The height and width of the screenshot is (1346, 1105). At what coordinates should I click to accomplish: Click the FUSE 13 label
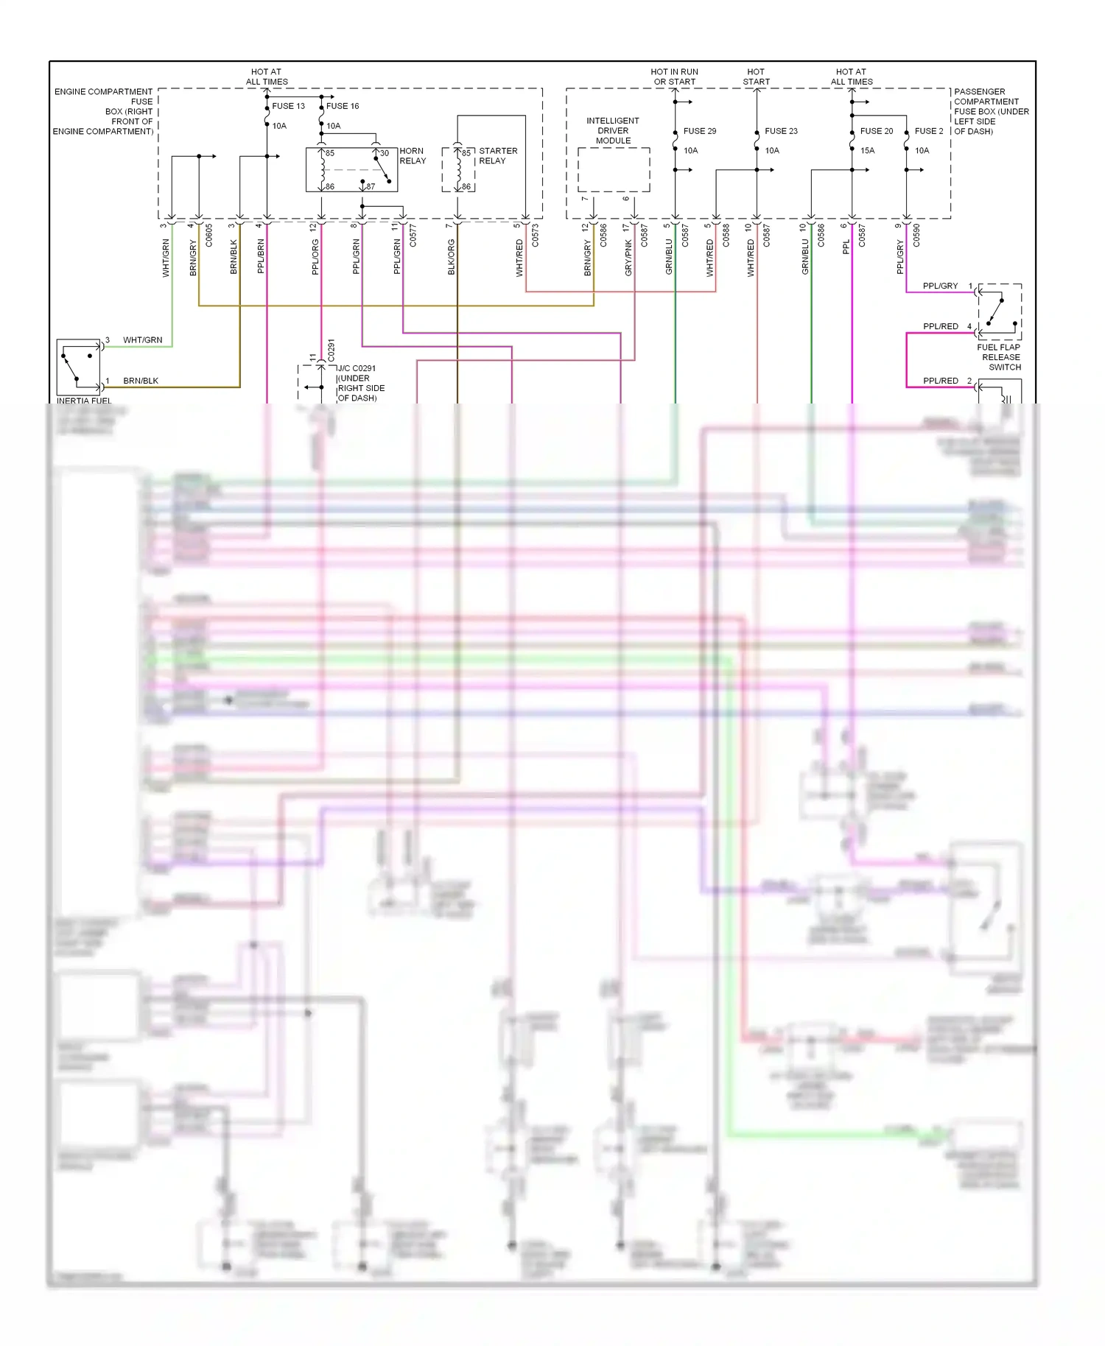pyautogui.click(x=288, y=106)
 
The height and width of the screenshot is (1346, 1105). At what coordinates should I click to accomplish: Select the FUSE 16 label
pyautogui.click(x=343, y=106)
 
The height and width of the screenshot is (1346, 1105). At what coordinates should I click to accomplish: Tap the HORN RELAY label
pyautogui.click(x=413, y=156)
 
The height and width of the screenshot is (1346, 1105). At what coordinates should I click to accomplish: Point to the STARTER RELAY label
pyautogui.click(x=498, y=156)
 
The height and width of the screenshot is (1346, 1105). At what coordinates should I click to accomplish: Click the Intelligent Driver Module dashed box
pyautogui.click(x=614, y=169)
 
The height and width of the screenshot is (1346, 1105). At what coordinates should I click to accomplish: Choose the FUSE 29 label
pyautogui.click(x=700, y=131)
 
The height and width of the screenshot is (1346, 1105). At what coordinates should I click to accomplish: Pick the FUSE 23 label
pyautogui.click(x=781, y=131)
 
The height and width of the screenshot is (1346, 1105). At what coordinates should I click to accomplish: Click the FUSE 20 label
pyautogui.click(x=877, y=131)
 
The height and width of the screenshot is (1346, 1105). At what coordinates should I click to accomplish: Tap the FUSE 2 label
pyautogui.click(x=929, y=131)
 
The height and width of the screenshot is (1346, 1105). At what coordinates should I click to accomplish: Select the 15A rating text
pyautogui.click(x=868, y=151)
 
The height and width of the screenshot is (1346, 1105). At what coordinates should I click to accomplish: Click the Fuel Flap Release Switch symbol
pyautogui.click(x=1000, y=311)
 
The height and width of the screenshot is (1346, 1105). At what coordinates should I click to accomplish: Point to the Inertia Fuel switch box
pyautogui.click(x=79, y=367)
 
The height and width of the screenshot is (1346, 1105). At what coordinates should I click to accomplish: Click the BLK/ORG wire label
pyautogui.click(x=452, y=257)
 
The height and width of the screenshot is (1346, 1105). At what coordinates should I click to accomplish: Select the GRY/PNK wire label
pyautogui.click(x=628, y=258)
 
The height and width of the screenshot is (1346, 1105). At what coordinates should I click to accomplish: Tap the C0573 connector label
pyautogui.click(x=536, y=235)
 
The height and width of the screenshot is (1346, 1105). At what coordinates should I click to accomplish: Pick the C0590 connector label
pyautogui.click(x=916, y=235)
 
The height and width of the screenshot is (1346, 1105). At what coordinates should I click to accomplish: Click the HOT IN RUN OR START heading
pyautogui.click(x=674, y=77)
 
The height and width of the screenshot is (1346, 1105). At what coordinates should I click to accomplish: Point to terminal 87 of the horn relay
pyautogui.click(x=371, y=187)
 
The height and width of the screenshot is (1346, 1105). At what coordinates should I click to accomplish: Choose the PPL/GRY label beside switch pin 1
pyautogui.click(x=940, y=286)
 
